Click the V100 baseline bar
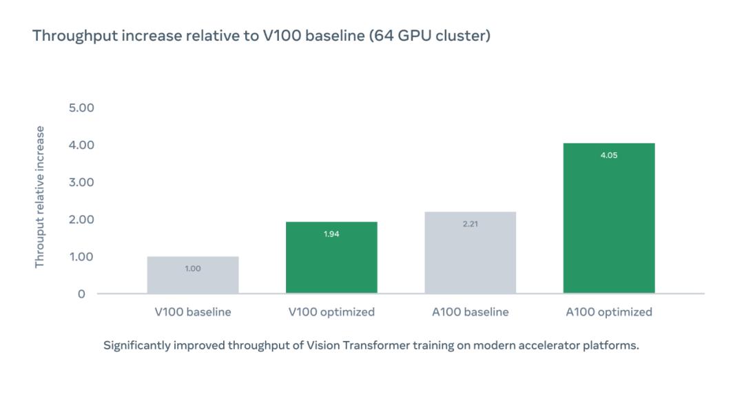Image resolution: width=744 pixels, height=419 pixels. (x=193, y=275)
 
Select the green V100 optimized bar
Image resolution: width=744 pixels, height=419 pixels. (x=331, y=257)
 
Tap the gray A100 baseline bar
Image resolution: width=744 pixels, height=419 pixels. (x=471, y=252)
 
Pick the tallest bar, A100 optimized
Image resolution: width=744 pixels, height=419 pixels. (x=609, y=218)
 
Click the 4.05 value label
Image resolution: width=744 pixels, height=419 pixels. (x=609, y=155)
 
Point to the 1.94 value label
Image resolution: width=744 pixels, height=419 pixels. (x=331, y=234)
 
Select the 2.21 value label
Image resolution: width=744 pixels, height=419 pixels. (x=471, y=224)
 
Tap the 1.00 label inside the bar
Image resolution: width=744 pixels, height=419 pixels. (x=193, y=269)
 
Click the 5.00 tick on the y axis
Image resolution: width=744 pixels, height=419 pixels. (x=81, y=108)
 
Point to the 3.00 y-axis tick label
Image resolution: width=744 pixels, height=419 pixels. (x=81, y=182)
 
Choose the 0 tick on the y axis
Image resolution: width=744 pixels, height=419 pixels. (x=81, y=294)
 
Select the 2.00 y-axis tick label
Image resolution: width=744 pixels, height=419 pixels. (x=81, y=220)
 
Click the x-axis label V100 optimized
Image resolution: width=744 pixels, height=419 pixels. (x=331, y=312)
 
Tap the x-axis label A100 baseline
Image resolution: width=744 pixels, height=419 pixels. (x=471, y=312)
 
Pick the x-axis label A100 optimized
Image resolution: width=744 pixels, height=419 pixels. (x=609, y=312)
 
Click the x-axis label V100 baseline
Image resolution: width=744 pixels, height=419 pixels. (x=193, y=312)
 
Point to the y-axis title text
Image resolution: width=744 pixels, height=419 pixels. (x=40, y=197)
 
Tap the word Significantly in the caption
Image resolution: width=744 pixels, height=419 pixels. (x=136, y=345)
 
